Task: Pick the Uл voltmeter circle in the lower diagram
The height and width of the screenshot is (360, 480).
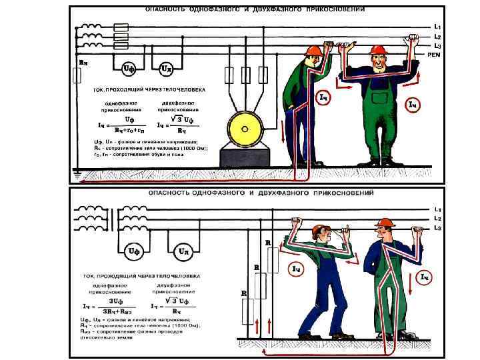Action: (x=183, y=251)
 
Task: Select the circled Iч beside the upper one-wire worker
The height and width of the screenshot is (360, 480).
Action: (x=323, y=98)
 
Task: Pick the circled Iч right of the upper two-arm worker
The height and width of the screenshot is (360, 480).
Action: (x=413, y=105)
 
